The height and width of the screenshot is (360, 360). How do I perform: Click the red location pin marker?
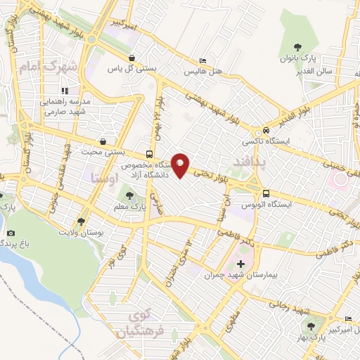(181, 165)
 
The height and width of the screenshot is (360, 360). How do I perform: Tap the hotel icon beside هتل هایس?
(203, 61)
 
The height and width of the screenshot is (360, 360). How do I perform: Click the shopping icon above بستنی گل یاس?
(132, 58)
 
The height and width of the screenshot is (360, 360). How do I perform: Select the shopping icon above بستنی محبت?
(104, 141)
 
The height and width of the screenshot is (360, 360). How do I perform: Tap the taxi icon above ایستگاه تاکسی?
(266, 131)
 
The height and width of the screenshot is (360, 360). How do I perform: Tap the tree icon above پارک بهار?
(310, 326)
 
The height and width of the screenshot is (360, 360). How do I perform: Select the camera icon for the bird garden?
(11, 233)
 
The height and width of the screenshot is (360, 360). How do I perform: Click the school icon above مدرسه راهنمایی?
(64, 91)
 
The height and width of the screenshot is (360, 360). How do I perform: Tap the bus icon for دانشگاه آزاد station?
(149, 154)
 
